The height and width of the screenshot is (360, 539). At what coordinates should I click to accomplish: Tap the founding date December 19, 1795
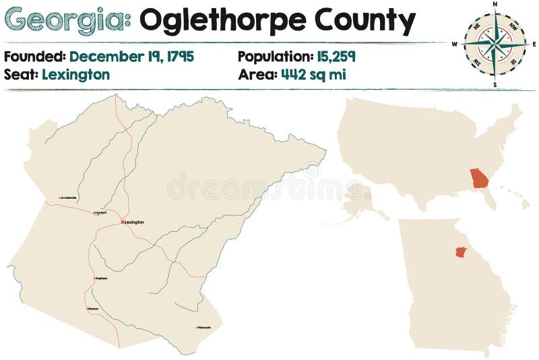click(x=131, y=57)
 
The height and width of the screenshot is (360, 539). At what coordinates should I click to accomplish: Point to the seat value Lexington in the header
click(x=75, y=74)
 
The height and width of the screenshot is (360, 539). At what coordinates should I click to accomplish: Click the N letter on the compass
click(x=495, y=5)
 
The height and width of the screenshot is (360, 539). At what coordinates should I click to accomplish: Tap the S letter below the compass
click(x=495, y=85)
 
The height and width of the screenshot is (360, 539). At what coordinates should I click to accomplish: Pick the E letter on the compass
click(x=534, y=44)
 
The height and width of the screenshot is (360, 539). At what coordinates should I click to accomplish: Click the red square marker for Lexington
click(x=122, y=222)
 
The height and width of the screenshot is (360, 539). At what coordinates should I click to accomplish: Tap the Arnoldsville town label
click(x=68, y=198)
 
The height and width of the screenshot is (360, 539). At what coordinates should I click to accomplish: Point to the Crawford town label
click(x=100, y=212)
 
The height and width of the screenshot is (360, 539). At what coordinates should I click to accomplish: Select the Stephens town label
click(x=101, y=278)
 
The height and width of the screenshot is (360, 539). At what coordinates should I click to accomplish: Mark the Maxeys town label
click(x=93, y=309)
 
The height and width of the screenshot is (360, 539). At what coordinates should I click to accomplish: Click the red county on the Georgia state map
click(x=461, y=252)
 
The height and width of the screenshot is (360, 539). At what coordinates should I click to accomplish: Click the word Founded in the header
click(x=34, y=57)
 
